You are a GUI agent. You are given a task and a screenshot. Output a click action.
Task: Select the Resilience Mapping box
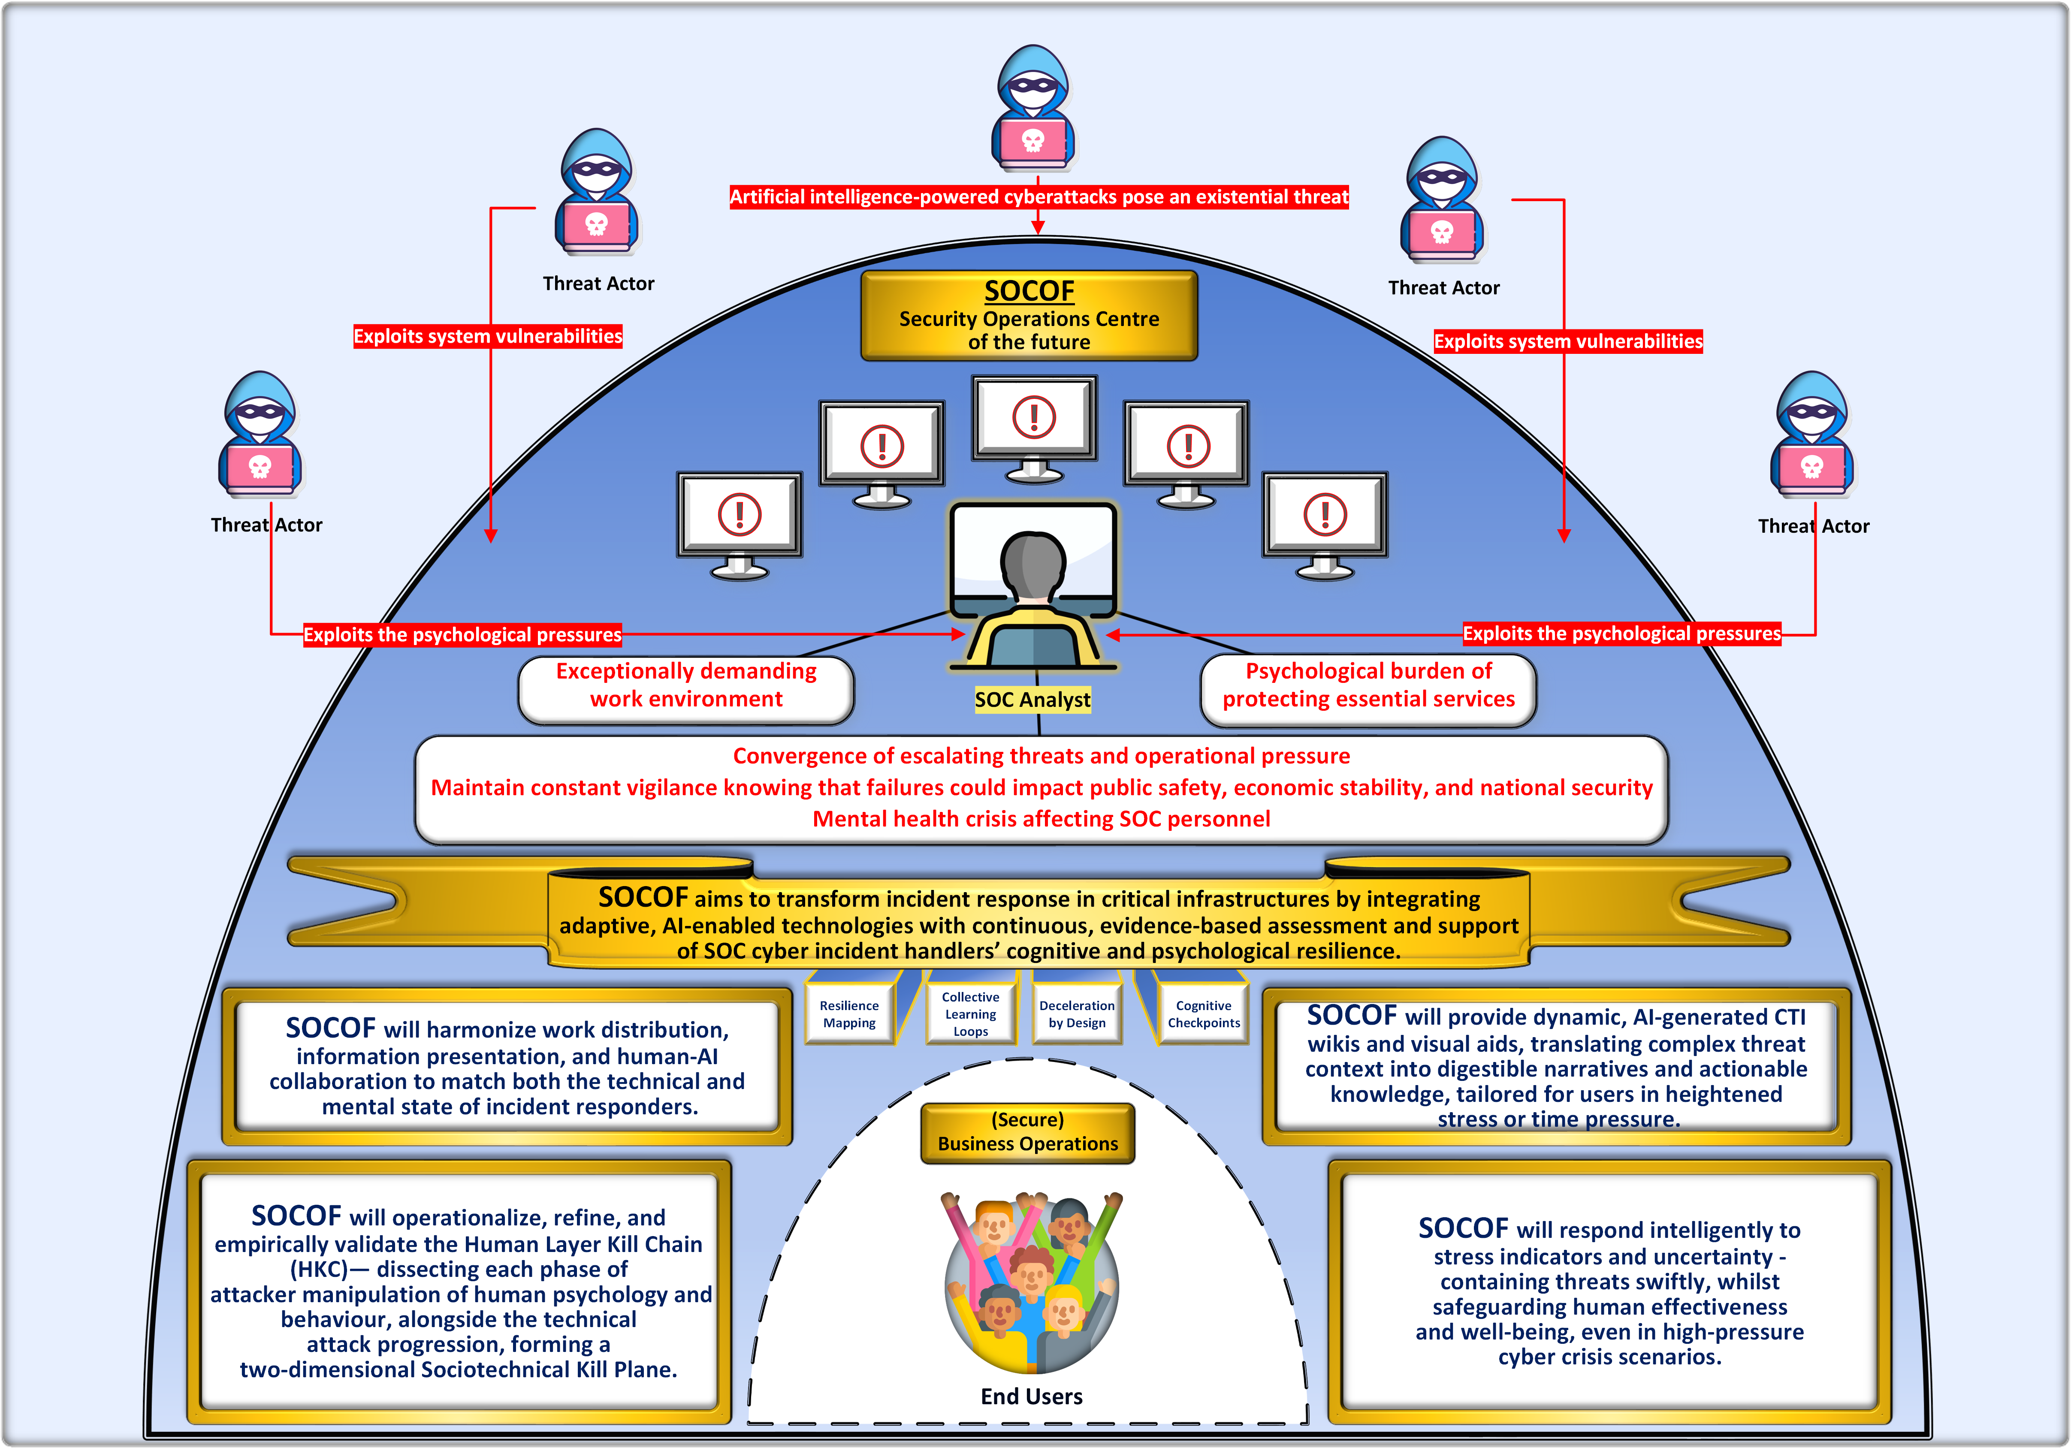[x=849, y=1014]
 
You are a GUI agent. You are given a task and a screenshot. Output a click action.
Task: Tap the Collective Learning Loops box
[x=971, y=1014]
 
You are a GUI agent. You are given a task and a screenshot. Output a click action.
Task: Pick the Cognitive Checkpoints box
[x=1203, y=1014]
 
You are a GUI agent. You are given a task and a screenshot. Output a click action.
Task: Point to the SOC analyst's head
[x=1034, y=564]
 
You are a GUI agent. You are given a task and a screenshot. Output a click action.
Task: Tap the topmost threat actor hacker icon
[x=1034, y=108]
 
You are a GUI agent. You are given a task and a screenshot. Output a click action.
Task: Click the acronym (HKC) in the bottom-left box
[x=318, y=1270]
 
